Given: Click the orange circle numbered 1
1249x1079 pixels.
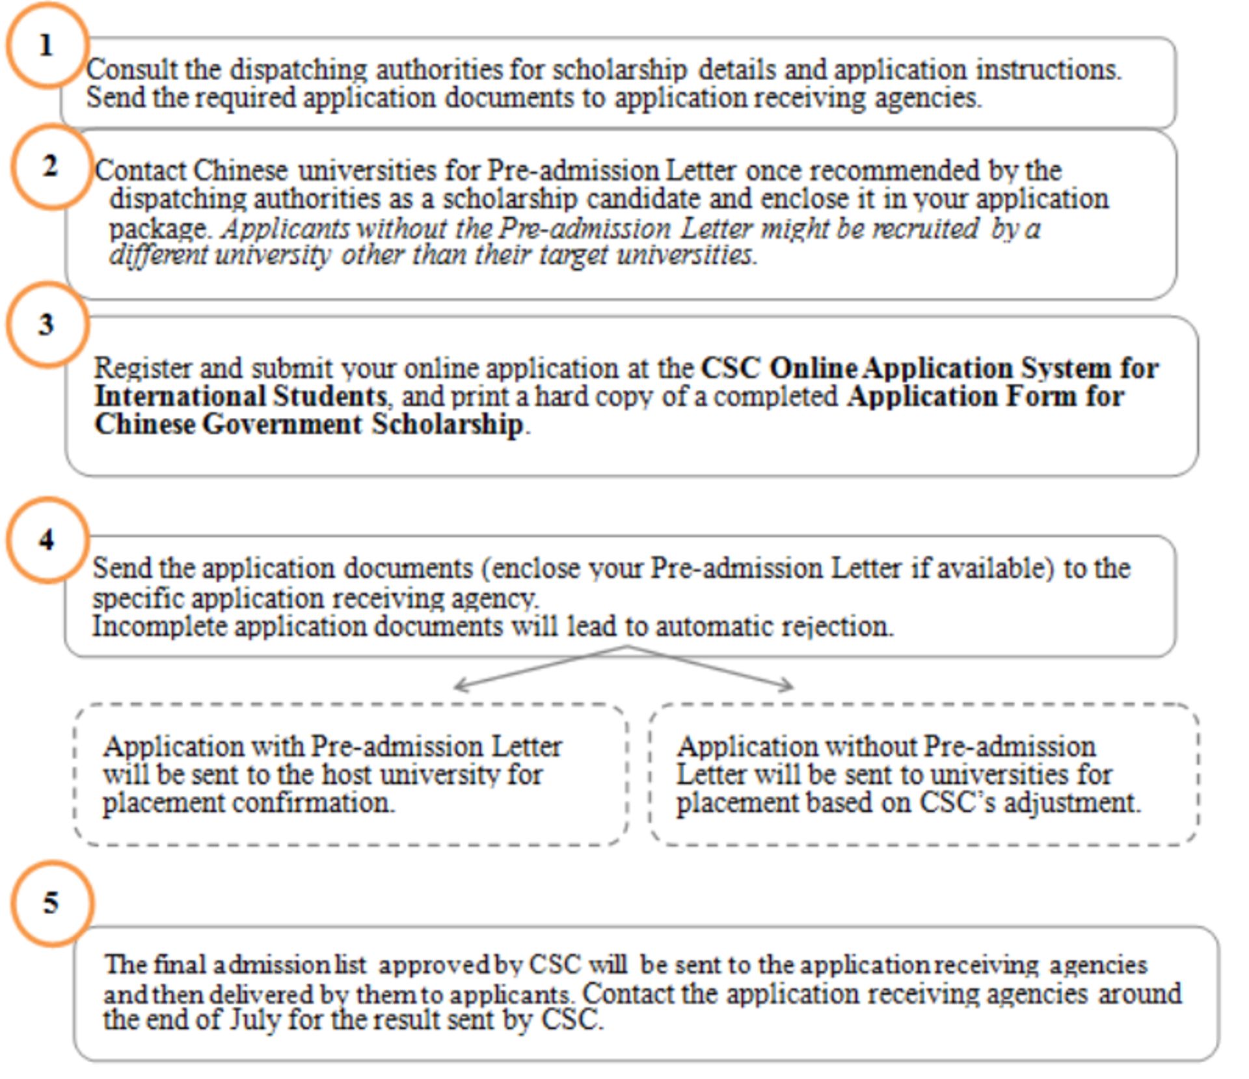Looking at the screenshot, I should [47, 46].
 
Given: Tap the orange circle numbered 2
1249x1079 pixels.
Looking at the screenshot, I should [51, 167].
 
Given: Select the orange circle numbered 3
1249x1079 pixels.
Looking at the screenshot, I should [47, 324].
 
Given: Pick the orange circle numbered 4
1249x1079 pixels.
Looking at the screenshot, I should [47, 539].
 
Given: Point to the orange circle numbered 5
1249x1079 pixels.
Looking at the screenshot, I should [51, 903].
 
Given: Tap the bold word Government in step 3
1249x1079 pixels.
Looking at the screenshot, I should [282, 424].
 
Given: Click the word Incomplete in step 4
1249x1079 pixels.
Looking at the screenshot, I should [159, 627].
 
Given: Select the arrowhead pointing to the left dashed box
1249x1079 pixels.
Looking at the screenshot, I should [458, 685].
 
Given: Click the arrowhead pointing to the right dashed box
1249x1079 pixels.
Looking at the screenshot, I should [789, 685].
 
